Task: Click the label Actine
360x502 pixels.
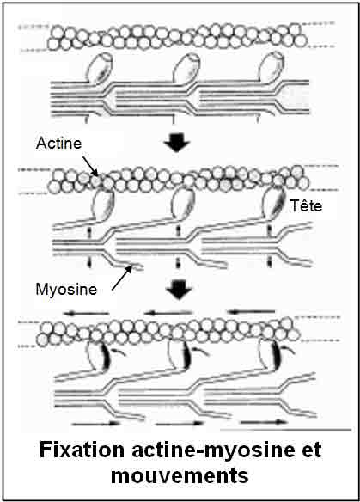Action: (x=58, y=143)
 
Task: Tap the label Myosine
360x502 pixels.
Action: (x=66, y=290)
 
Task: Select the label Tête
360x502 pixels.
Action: (x=306, y=205)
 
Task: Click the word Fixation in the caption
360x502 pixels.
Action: (x=82, y=450)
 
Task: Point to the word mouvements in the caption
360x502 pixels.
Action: (x=180, y=475)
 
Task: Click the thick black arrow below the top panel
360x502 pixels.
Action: (x=177, y=142)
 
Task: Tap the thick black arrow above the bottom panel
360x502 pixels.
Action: (x=179, y=290)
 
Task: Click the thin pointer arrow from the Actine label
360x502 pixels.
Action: (x=91, y=166)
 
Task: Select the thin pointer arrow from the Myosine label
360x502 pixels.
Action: (x=122, y=278)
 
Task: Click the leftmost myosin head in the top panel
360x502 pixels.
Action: (x=100, y=68)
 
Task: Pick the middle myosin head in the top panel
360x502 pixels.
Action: (x=186, y=68)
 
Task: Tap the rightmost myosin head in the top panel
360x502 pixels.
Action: (x=272, y=67)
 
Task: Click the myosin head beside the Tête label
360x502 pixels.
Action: (x=274, y=204)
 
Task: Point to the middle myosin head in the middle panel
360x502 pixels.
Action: (x=183, y=204)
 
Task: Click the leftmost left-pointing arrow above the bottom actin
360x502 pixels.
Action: (x=87, y=314)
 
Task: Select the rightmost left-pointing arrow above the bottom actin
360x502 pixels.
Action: (x=251, y=311)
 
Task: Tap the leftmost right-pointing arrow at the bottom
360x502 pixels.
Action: (x=95, y=424)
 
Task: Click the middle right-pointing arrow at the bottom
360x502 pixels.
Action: (x=179, y=423)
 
